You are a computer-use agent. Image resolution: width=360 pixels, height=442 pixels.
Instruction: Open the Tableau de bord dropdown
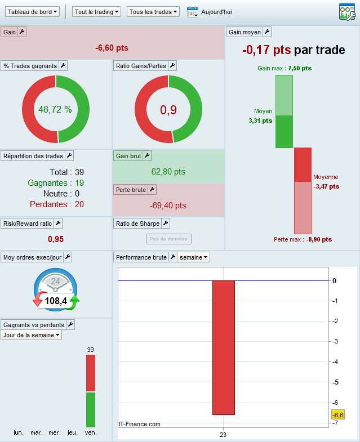32,11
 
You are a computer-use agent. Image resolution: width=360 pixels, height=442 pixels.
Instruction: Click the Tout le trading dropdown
97,11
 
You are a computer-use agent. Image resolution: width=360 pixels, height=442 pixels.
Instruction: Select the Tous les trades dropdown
153,11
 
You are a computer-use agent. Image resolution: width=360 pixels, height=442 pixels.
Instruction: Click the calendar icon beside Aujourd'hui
193,12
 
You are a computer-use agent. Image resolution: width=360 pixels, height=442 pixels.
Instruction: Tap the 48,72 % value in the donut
55,109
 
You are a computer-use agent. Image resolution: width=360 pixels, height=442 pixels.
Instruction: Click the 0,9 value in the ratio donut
168,110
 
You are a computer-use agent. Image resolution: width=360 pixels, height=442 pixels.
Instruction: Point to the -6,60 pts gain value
113,48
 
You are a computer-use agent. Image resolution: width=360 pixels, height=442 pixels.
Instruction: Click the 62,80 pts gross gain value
168,171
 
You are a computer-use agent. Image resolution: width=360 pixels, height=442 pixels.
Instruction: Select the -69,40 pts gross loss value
168,206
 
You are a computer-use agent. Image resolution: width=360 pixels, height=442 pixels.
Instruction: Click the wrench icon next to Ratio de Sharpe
166,224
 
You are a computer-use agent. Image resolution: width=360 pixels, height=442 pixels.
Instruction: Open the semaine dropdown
194,257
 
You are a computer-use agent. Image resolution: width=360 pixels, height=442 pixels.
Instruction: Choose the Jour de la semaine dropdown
32,335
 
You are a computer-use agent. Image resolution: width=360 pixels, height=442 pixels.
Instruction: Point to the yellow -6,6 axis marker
338,415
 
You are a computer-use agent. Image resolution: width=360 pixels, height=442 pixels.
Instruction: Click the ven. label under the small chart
91,432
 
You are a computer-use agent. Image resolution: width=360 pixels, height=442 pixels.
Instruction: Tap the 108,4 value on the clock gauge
56,301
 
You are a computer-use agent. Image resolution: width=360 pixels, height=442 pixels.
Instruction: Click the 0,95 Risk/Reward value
56,239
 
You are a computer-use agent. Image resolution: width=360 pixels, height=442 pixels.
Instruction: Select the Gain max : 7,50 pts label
285,68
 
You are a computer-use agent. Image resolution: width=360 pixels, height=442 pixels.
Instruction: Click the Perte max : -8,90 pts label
303,239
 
